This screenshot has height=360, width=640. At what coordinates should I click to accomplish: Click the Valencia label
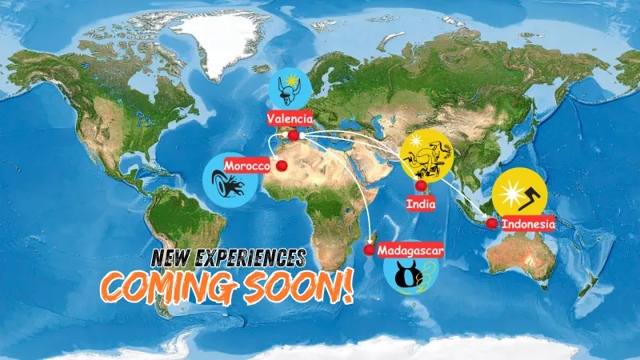(x=290, y=118)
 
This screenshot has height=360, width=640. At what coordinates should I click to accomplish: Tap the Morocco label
(x=247, y=165)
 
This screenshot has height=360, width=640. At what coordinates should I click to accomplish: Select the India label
(x=420, y=204)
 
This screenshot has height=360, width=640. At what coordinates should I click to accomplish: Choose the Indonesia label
(x=528, y=224)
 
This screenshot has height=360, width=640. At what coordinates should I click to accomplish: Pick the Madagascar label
(x=410, y=250)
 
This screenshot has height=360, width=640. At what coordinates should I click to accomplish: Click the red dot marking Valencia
(x=294, y=136)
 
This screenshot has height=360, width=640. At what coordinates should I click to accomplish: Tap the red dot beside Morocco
(x=282, y=165)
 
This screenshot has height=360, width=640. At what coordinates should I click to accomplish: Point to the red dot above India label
(x=421, y=186)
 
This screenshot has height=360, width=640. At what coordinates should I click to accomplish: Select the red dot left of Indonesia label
(x=491, y=223)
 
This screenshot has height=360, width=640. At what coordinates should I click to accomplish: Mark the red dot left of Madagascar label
(x=369, y=250)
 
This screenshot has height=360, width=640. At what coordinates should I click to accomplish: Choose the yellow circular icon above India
(x=427, y=154)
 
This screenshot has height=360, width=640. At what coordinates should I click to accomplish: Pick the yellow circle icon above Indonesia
(x=519, y=194)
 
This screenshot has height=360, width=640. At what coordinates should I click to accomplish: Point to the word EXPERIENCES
(x=254, y=258)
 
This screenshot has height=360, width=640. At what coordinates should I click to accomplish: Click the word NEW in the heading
(x=175, y=258)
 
